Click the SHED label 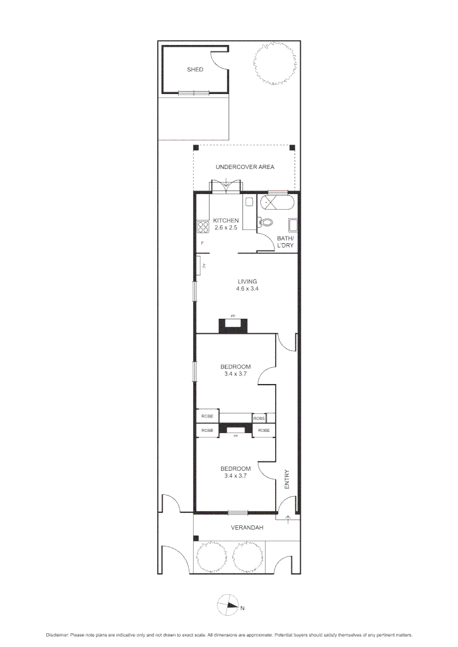[195, 69]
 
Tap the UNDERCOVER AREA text [245, 167]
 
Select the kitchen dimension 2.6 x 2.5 [225, 228]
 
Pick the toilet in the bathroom [266, 223]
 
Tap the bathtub [276, 202]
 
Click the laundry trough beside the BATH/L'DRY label [293, 225]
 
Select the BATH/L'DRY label [285, 242]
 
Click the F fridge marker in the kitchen [202, 243]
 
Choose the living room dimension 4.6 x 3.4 [247, 289]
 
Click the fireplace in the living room [234, 324]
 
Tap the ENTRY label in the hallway [287, 479]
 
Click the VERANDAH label [247, 528]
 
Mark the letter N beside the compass [242, 609]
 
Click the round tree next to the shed [275, 64]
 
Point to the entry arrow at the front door [288, 519]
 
